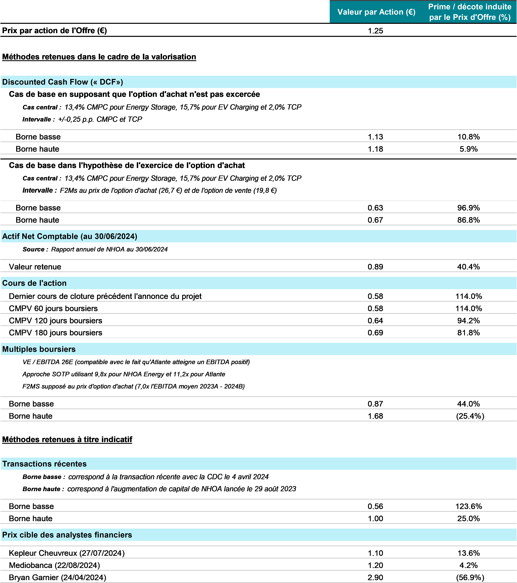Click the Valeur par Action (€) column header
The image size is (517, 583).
[x=376, y=12]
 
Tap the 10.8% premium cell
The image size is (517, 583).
[x=468, y=137]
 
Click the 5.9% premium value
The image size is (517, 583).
[x=468, y=149]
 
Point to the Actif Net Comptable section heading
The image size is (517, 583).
[x=70, y=236]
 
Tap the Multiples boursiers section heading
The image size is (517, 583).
[x=39, y=349]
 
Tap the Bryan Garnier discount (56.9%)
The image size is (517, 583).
[x=470, y=578]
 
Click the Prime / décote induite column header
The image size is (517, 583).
[x=470, y=12]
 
